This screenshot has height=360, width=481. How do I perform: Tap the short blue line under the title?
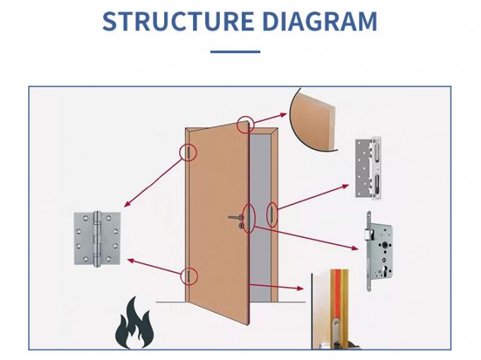pyautogui.click(x=236, y=52)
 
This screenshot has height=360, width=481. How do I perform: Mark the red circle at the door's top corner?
pyautogui.click(x=245, y=125)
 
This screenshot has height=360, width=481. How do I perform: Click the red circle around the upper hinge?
pyautogui.click(x=189, y=152)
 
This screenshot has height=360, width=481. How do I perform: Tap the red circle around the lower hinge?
pyautogui.click(x=189, y=276)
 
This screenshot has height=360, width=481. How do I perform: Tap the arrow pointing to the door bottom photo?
pyautogui.click(x=276, y=286)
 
